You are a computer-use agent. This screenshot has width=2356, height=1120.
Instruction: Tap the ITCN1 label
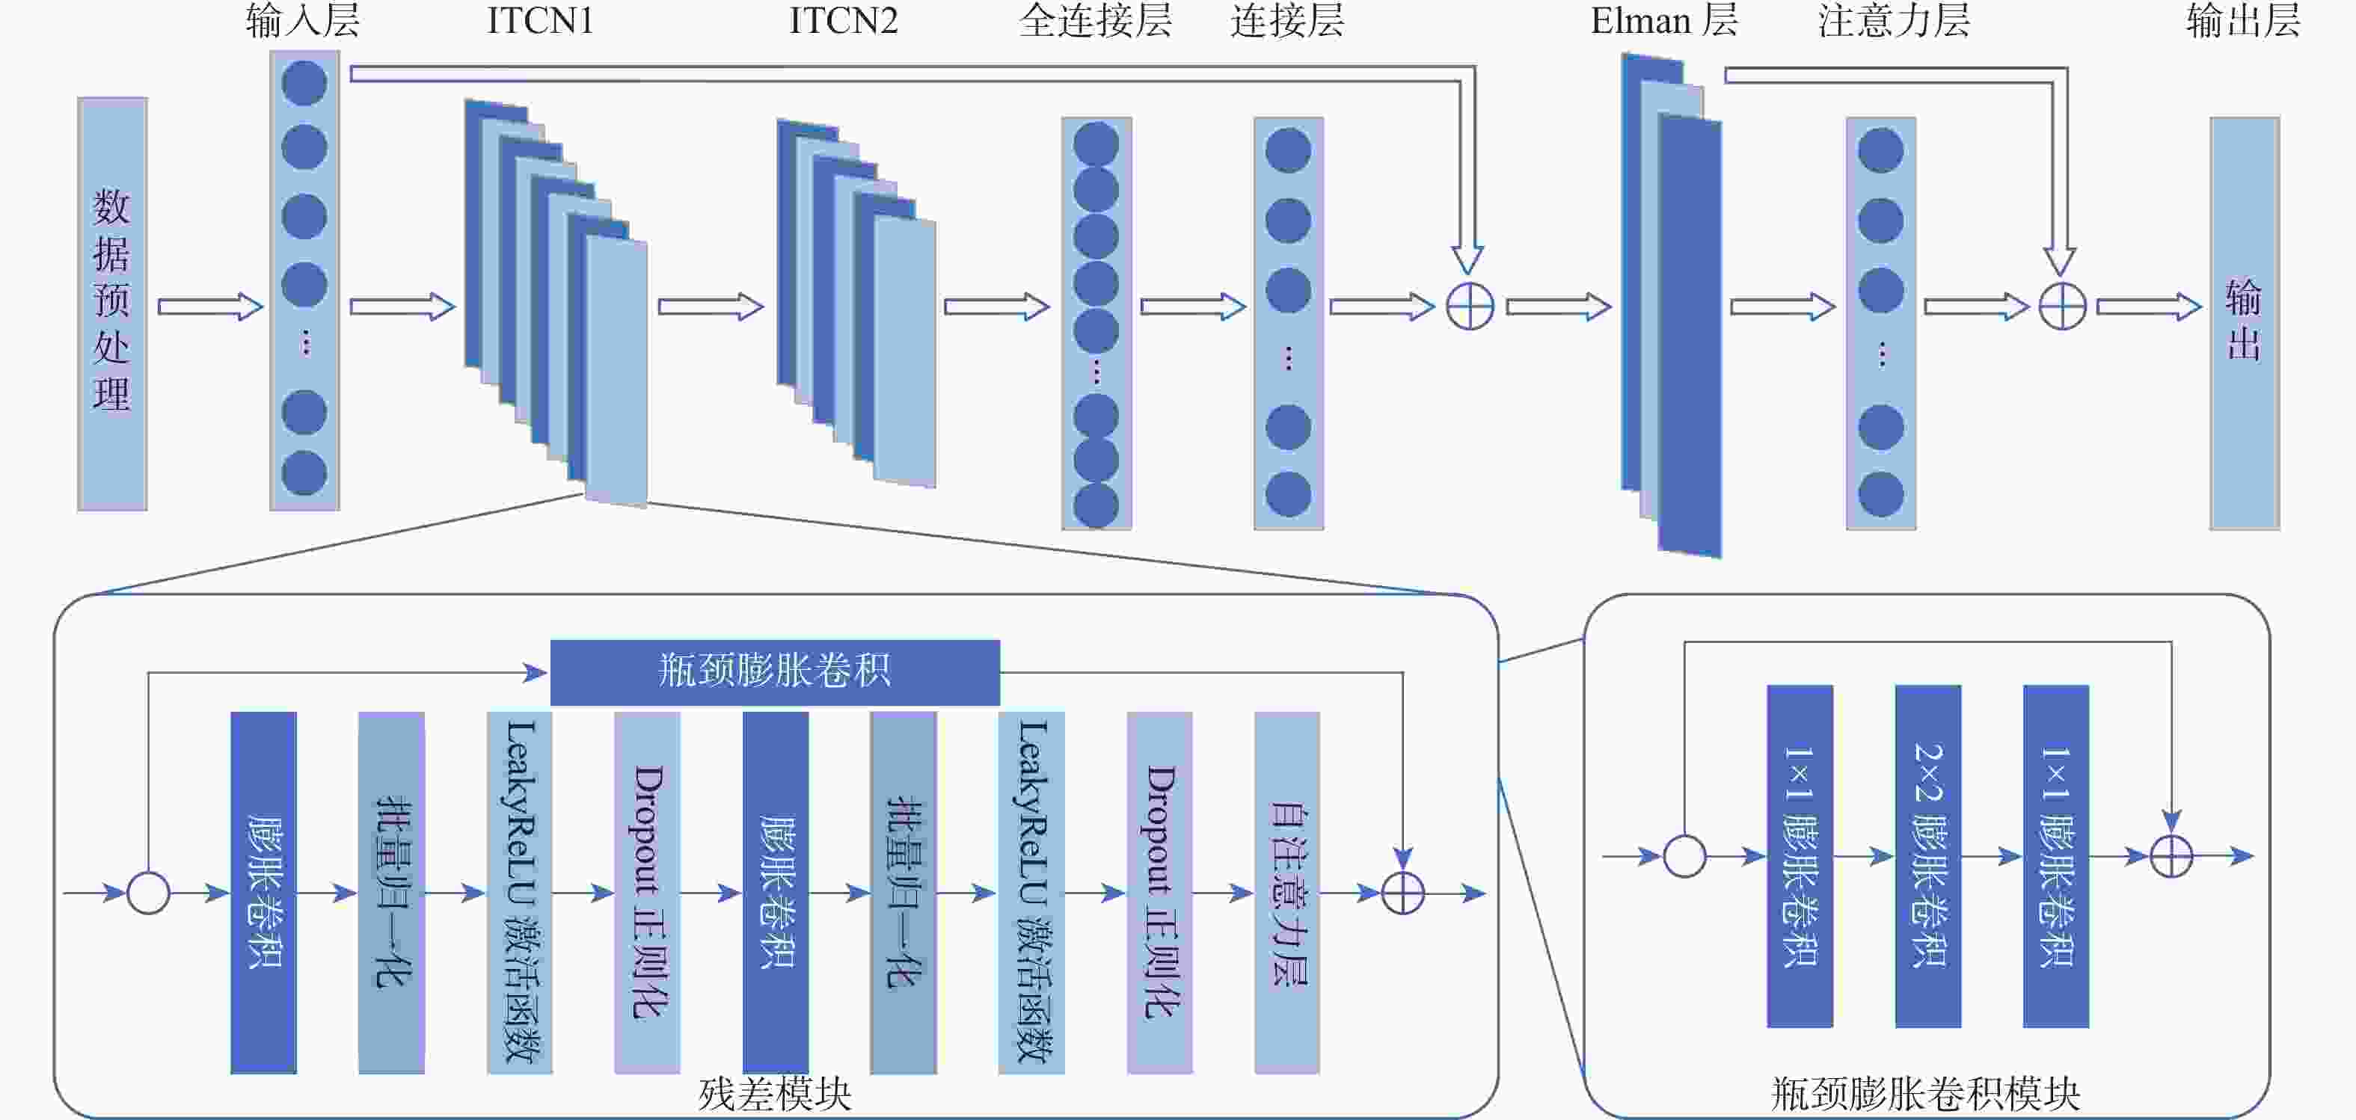tap(539, 21)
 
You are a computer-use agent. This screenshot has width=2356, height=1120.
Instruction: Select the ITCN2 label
tap(842, 21)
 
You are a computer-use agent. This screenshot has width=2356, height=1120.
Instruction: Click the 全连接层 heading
tap(1095, 21)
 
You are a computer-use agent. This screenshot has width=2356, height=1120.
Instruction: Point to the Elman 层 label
tap(1663, 21)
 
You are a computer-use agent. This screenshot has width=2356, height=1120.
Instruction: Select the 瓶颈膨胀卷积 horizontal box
tap(774, 672)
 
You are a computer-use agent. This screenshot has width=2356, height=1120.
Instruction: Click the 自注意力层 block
tap(1287, 891)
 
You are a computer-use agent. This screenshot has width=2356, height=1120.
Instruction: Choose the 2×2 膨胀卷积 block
tap(1927, 855)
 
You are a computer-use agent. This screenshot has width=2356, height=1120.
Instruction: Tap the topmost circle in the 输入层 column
tap(304, 83)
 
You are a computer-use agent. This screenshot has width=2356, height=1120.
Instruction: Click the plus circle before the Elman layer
tap(1470, 307)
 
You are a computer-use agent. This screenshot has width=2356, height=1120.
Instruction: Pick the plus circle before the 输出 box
tap(2062, 307)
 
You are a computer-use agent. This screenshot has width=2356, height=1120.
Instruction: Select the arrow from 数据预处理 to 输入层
tap(209, 307)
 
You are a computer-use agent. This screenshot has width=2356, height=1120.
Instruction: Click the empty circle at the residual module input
tap(148, 893)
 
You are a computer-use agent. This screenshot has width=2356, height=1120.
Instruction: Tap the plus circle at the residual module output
tap(1402, 893)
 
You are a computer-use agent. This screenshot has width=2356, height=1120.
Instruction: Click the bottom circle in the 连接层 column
tap(1288, 495)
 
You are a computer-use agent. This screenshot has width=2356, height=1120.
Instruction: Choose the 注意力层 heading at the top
tap(1893, 21)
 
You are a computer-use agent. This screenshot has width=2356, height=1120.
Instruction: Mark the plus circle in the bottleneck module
tap(2171, 856)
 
